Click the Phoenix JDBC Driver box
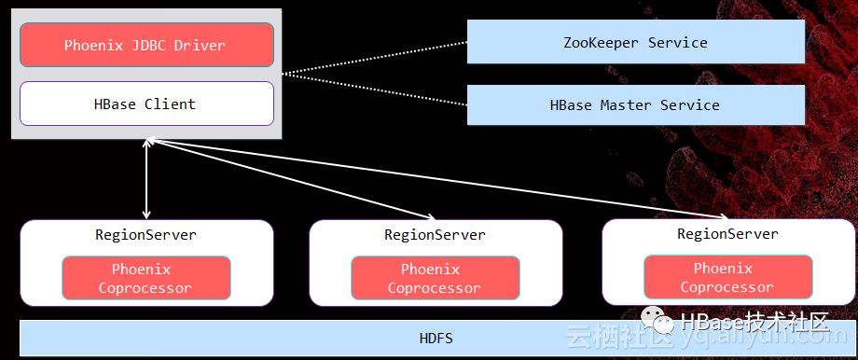tap(146, 45)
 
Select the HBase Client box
tap(146, 104)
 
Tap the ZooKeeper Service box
tap(635, 42)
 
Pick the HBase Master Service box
tap(635, 104)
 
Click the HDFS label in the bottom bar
tap(436, 338)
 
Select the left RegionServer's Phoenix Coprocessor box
tap(146, 278)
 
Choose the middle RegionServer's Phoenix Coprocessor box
tap(435, 278)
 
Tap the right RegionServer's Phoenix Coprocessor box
tap(727, 277)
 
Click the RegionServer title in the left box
tap(145, 235)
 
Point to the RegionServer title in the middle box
tap(435, 235)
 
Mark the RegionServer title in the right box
tap(727, 233)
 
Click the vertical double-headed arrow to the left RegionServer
tap(146, 178)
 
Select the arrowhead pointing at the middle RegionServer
tap(431, 217)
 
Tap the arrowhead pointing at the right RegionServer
tap(722, 217)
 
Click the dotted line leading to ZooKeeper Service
tap(374, 58)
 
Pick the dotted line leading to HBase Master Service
tap(374, 90)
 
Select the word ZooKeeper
tap(601, 43)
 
